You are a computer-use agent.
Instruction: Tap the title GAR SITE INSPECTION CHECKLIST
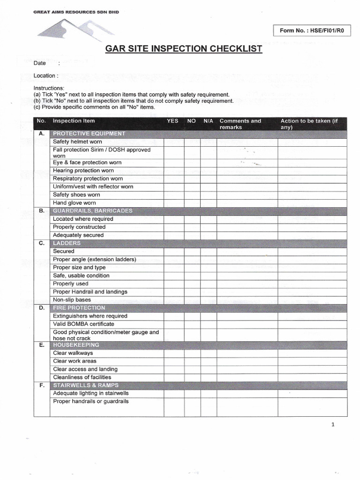click(184, 49)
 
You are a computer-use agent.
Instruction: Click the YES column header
click(172, 121)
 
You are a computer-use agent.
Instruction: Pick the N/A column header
click(208, 121)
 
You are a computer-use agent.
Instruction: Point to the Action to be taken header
click(309, 124)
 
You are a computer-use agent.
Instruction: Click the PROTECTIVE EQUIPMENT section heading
click(89, 134)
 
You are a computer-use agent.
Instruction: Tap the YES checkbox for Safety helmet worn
click(173, 142)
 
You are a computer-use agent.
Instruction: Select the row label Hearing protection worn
click(83, 171)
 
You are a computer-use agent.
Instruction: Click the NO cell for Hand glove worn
click(192, 203)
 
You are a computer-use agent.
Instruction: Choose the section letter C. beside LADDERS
click(42, 243)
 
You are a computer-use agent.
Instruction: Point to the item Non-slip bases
click(72, 300)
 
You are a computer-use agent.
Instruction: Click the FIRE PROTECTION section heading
click(79, 308)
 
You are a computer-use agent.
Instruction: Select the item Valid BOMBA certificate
click(83, 324)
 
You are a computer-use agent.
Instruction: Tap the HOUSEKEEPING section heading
click(76, 345)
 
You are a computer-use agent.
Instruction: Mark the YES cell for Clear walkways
click(173, 353)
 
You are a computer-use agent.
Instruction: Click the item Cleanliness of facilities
click(82, 377)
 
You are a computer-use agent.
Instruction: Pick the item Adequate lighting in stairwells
click(91, 393)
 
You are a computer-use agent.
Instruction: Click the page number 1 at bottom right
click(333, 425)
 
